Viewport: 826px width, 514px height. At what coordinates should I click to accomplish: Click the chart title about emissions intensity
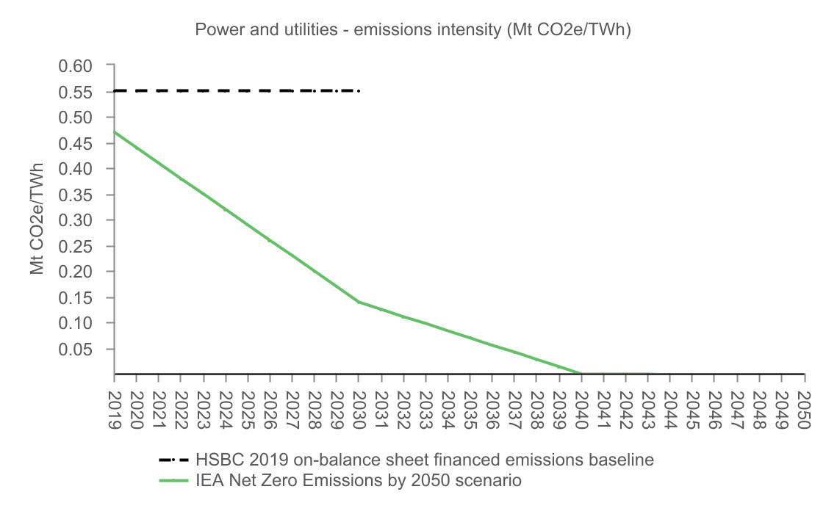[412, 30]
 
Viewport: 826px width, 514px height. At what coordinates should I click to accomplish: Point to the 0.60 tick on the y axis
[76, 66]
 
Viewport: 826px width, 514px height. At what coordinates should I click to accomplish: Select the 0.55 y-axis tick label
[76, 92]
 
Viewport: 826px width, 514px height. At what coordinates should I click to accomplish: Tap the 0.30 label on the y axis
[76, 220]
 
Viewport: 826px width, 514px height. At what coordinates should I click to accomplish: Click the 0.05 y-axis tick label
[76, 349]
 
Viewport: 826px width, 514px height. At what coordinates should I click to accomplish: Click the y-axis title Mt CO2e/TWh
[37, 220]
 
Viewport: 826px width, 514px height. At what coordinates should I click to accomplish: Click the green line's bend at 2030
[359, 302]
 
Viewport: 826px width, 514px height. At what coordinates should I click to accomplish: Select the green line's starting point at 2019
[115, 132]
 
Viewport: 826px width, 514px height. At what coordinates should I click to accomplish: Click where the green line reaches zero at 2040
[581, 373]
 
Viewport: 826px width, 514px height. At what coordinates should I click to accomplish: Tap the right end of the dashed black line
[359, 90]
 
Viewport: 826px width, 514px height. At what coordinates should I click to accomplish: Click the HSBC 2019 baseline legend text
[425, 460]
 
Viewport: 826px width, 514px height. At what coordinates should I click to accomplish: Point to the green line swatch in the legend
[174, 480]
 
